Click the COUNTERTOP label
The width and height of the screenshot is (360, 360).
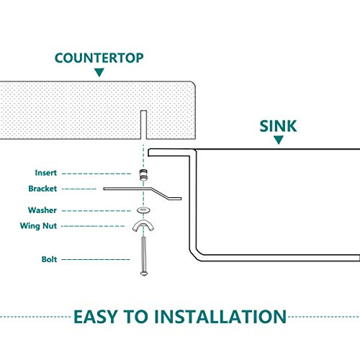99,58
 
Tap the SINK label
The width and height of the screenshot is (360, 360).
279,126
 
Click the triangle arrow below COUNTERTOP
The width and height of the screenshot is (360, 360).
99,72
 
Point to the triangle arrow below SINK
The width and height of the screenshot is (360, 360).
279,140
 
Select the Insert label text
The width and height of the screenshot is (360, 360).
46,173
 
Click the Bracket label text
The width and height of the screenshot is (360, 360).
42,189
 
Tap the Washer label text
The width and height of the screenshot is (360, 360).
42,210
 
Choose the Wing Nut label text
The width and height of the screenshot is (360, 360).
38,226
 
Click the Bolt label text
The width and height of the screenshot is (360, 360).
49,259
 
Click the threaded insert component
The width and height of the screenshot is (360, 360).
143,175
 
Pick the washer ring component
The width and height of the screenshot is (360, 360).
143,210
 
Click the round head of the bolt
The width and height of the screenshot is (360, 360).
143,274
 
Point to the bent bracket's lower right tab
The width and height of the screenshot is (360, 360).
175,199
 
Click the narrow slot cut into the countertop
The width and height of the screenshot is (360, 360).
143,125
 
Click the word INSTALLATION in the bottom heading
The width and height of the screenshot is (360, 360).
220,317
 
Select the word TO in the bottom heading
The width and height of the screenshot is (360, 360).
136,317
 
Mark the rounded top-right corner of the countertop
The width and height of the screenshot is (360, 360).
194,84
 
